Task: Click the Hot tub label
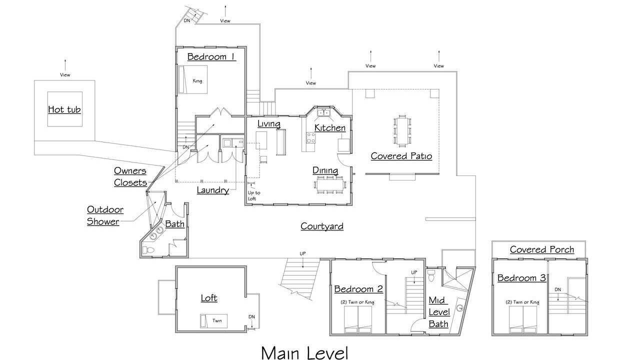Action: point(64,109)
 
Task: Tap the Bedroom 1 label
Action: point(211,56)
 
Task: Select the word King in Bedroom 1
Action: point(197,80)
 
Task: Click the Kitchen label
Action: point(329,128)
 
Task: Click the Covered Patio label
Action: point(401,156)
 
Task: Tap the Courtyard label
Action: point(322,226)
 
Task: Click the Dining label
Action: point(325,170)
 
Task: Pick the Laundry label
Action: point(212,190)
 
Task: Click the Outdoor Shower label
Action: point(104,215)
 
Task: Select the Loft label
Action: point(209,298)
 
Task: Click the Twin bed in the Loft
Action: point(213,320)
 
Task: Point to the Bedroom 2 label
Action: point(358,289)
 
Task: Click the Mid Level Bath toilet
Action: point(431,275)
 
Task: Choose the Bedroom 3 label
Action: point(521,278)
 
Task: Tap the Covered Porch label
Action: point(542,249)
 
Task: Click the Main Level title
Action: point(304,352)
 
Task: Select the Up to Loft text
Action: point(254,195)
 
